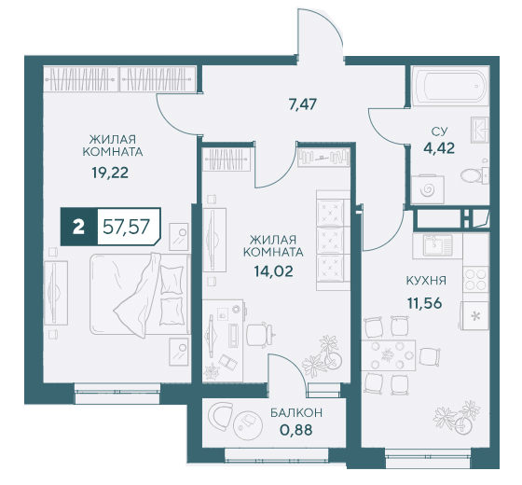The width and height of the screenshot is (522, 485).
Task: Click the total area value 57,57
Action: point(126,227)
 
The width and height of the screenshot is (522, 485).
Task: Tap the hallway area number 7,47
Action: point(303,104)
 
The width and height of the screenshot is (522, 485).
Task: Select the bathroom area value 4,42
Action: point(439,148)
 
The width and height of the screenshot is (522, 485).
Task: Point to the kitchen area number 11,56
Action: point(424,303)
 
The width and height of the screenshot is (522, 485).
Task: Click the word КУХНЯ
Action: point(426,281)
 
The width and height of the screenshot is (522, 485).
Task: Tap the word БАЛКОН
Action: point(296,412)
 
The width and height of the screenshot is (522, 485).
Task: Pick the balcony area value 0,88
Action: point(296,430)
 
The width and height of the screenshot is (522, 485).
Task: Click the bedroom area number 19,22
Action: point(110,173)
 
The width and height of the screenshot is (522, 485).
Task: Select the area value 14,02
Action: point(273,271)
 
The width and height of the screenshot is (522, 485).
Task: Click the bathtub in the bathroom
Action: point(450,84)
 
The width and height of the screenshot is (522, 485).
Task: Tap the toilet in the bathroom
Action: point(474,173)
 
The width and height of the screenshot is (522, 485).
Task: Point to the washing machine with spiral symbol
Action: point(428,189)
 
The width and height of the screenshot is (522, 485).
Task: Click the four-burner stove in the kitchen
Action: point(475,279)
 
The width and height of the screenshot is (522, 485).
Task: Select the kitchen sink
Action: point(434,246)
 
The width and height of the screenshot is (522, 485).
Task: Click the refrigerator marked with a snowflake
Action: point(475,315)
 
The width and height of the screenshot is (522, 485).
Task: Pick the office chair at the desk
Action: point(260,336)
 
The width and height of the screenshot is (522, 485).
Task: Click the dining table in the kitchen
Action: point(389,355)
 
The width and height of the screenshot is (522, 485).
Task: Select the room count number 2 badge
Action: point(78,228)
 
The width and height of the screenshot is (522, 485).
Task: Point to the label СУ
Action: point(439,132)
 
